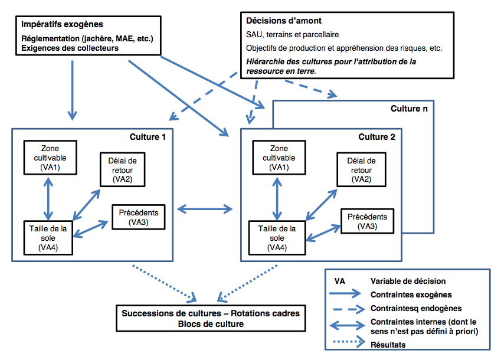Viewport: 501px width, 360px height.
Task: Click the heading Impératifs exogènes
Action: [x=62, y=24]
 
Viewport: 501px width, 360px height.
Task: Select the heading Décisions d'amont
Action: [x=284, y=21]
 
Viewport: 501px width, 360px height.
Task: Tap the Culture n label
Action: [x=409, y=109]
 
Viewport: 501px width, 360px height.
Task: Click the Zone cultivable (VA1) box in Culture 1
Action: [x=50, y=158]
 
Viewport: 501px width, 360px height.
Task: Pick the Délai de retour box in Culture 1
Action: [x=122, y=169]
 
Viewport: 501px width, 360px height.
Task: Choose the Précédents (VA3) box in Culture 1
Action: [x=138, y=217]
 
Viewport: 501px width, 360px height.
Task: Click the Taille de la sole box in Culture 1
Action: [x=48, y=238]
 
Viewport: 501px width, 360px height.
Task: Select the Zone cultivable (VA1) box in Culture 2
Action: [x=279, y=158]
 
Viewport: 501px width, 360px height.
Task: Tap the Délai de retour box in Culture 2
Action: [x=361, y=169]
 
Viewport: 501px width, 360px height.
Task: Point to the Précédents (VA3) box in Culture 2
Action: [x=367, y=221]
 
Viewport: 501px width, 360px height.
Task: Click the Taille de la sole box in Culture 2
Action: [x=277, y=238]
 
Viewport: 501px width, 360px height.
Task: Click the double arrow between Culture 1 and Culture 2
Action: [x=205, y=210]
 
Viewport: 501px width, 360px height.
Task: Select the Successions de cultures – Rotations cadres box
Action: [x=211, y=318]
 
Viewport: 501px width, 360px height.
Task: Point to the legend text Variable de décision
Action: [x=408, y=281]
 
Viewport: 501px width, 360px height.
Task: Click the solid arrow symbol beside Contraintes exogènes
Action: [x=345, y=293]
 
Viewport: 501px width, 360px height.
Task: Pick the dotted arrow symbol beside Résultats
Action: [x=349, y=342]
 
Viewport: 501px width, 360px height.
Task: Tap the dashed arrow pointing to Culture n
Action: [x=310, y=87]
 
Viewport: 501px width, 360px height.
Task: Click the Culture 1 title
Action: [x=148, y=137]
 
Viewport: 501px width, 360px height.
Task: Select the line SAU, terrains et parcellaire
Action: [x=292, y=34]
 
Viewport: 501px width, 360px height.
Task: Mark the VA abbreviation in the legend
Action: [x=340, y=281]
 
